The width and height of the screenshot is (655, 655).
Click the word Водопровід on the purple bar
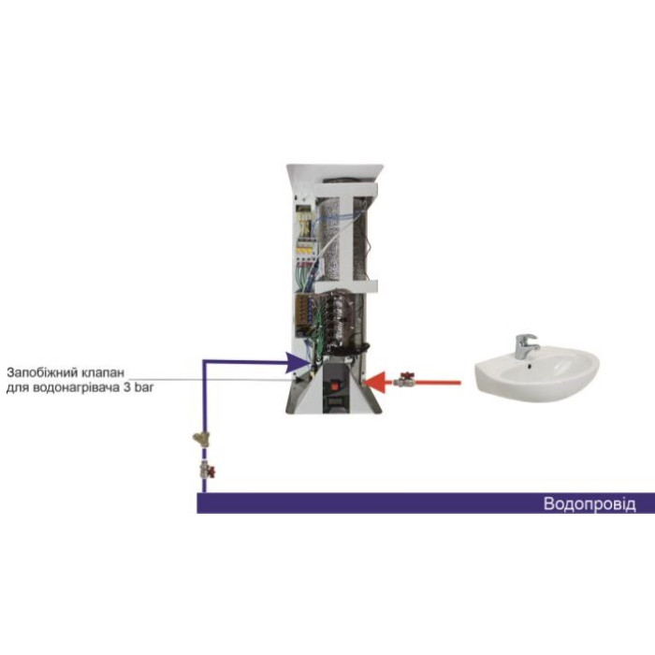click(589, 504)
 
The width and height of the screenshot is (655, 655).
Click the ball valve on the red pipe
click(404, 380)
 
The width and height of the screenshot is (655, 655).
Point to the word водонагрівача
click(88, 385)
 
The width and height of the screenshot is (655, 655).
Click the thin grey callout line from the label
click(234, 377)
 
